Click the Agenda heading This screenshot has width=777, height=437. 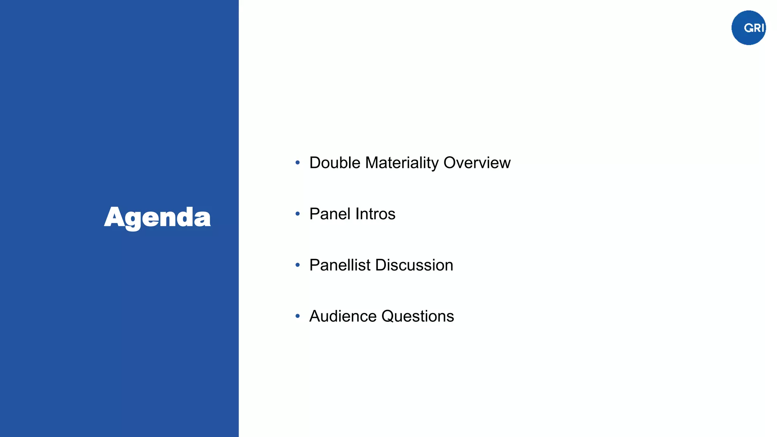[x=157, y=217]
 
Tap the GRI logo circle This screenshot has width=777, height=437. [x=748, y=28]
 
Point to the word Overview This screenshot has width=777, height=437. [x=477, y=163]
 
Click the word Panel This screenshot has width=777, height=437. [x=330, y=214]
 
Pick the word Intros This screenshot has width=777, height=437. [x=375, y=214]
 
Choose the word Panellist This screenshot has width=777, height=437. [x=340, y=265]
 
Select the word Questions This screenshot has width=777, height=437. [x=417, y=316]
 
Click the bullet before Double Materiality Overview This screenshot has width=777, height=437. [x=298, y=163]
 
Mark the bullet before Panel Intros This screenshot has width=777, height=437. [x=298, y=214]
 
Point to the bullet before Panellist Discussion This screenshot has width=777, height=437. [x=298, y=265]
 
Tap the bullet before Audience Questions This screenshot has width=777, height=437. [x=298, y=316]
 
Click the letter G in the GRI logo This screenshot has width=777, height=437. [x=749, y=28]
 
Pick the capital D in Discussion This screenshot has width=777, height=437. [x=381, y=265]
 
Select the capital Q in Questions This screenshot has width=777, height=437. [x=388, y=316]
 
